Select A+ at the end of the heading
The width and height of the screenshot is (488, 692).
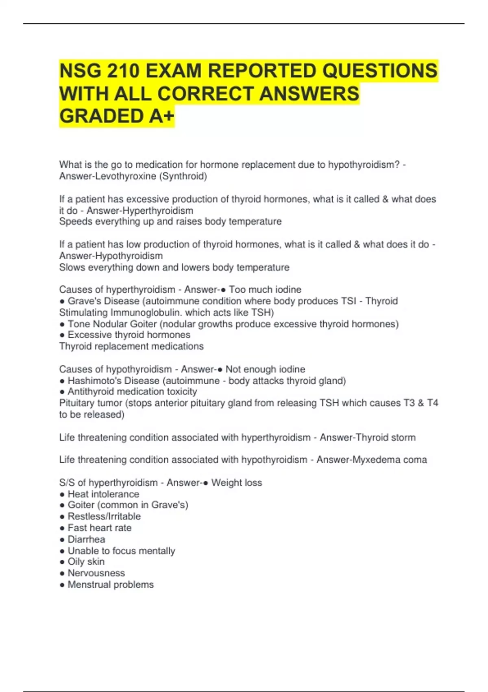(161, 116)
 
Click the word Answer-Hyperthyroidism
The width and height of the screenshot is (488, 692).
(140, 210)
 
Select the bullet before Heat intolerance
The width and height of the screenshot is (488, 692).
(62, 495)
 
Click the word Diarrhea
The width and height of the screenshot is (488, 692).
(86, 539)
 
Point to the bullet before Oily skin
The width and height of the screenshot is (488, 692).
(62, 562)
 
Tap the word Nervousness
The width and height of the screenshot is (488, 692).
(96, 573)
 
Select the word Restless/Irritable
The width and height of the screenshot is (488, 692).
(104, 517)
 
